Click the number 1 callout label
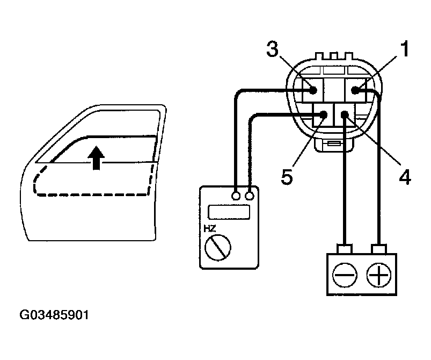click(x=403, y=50)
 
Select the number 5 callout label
click(x=287, y=176)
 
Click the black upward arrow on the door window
click(x=96, y=157)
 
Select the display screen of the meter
click(x=229, y=211)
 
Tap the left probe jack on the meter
click(x=236, y=196)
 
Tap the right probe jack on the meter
click(x=249, y=196)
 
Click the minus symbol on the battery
click(x=344, y=276)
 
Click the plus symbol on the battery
click(x=379, y=276)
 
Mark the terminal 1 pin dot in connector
click(x=355, y=90)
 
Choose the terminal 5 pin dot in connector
click(x=324, y=114)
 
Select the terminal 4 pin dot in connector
click(x=345, y=114)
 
